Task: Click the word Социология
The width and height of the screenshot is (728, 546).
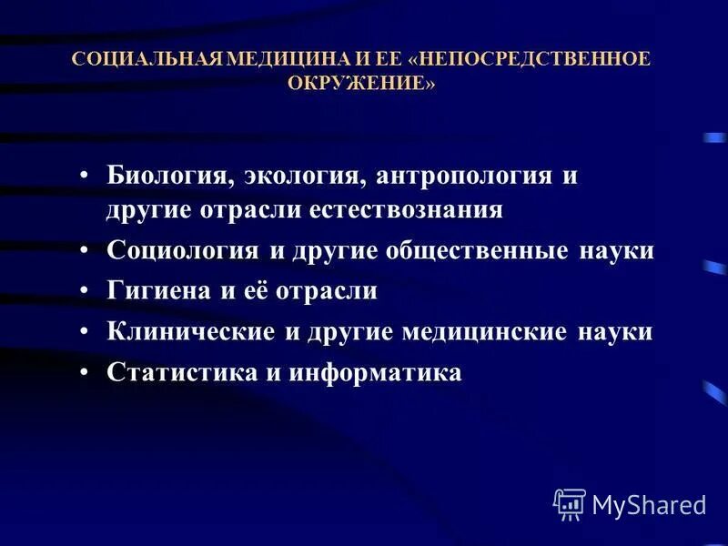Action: coord(181,250)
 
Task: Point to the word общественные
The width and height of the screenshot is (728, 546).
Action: coord(465,250)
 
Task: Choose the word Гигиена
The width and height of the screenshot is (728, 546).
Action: coord(157,291)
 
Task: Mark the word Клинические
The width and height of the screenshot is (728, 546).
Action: coord(190,332)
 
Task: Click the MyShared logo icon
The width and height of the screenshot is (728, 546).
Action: coord(569,503)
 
